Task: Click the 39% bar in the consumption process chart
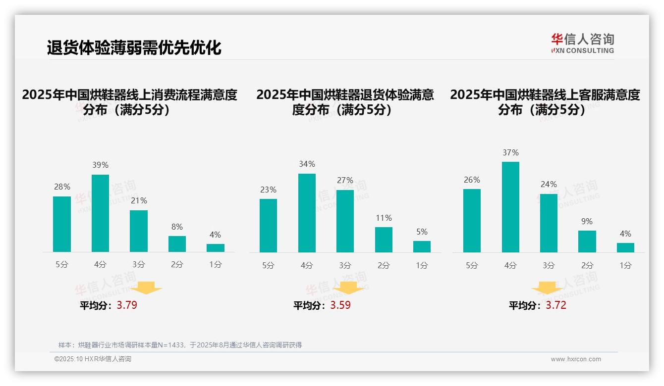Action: (100, 213)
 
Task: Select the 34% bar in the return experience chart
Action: (307, 213)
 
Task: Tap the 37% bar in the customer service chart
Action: (510, 207)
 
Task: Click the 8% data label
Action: (177, 227)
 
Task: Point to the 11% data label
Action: (384, 218)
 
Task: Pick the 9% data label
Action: (587, 221)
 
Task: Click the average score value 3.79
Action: (127, 305)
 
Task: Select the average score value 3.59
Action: (340, 305)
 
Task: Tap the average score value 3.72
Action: (556, 305)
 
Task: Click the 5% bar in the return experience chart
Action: (422, 246)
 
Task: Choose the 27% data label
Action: (345, 180)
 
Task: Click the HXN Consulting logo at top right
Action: (582, 44)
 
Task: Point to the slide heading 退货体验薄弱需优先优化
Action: (134, 48)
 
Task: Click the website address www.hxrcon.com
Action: (576, 359)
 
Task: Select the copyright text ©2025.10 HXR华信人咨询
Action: (93, 359)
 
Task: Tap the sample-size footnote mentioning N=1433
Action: (180, 345)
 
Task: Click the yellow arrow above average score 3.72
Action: (547, 288)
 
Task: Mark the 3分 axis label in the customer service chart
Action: (549, 265)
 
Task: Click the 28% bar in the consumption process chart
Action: (62, 224)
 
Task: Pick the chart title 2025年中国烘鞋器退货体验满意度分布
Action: (345, 102)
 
